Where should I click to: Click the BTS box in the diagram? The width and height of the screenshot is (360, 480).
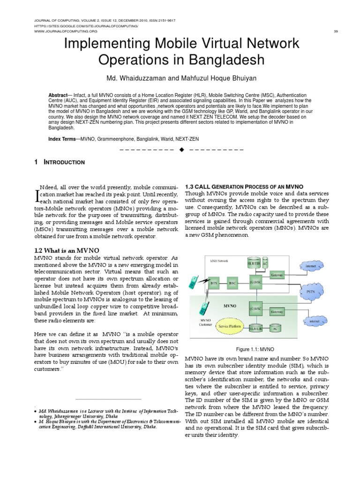pos(214,284)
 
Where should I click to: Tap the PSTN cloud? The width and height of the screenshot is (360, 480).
pos(311,291)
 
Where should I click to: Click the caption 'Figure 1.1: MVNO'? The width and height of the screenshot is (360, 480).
pos(255,350)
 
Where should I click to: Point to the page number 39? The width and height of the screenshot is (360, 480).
pos(336,31)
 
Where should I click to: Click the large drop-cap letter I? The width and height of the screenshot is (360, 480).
pos(37,193)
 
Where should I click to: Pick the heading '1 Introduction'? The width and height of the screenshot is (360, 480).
pos(60,162)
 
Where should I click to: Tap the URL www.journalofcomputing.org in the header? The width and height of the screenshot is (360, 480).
pos(67,31)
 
